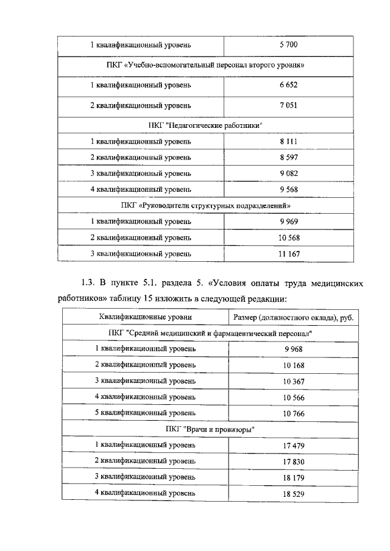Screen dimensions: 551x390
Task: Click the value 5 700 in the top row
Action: click(289, 45)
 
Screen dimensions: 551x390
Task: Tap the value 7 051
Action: click(289, 105)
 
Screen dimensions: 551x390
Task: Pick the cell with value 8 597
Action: click(289, 157)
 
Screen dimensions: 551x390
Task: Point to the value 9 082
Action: click(289, 173)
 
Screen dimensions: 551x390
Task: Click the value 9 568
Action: click(289, 189)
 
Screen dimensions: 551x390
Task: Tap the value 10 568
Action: click(289, 237)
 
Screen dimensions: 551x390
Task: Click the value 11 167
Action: click(289, 254)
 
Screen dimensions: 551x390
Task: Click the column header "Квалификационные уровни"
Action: click(146, 317)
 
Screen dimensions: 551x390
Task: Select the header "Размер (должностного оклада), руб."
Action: click(293, 317)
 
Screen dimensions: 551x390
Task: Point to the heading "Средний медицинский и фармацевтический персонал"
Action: click(210, 334)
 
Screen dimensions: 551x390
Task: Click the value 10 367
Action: click(293, 381)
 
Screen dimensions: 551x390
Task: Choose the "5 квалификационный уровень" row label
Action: click(146, 413)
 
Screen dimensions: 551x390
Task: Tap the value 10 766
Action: click(293, 413)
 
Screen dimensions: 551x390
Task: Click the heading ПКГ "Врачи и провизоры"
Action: click(210, 429)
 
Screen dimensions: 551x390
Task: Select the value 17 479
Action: click(293, 445)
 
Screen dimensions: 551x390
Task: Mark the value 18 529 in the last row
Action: click(293, 493)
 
